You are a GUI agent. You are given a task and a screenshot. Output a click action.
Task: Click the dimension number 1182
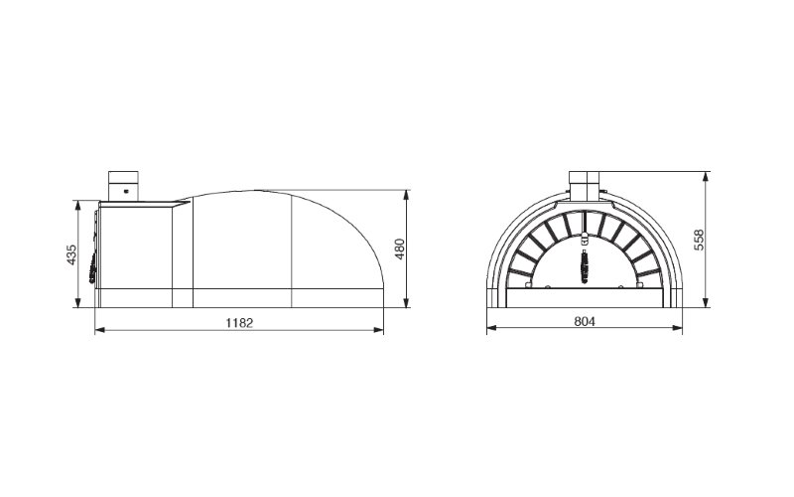[x=239, y=322]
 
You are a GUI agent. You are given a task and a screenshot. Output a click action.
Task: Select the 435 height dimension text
[x=71, y=254]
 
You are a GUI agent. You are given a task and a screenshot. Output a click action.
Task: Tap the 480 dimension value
[x=400, y=249]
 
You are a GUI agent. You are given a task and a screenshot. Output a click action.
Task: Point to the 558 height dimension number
[x=699, y=240]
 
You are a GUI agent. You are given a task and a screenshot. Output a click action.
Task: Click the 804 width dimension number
[x=585, y=321]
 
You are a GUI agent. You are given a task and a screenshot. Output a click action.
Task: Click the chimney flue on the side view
[x=123, y=186]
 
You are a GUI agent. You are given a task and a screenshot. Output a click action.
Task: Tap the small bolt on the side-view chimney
[x=126, y=191]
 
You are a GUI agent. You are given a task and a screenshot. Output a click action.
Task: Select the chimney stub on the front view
[x=585, y=186]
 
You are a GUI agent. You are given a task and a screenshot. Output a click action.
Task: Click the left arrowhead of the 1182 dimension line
[x=100, y=330]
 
